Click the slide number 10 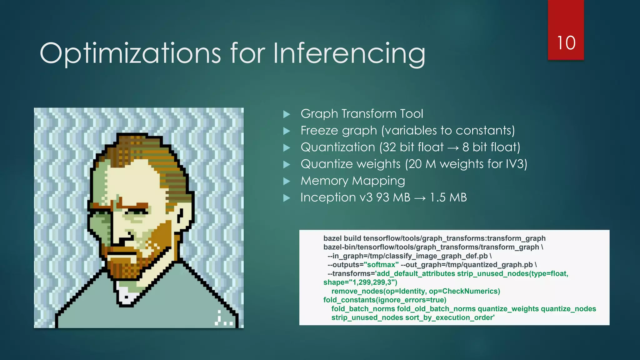pos(566,43)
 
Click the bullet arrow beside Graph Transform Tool pos(286,114)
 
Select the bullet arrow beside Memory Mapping pos(286,181)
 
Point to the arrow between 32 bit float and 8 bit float pos(453,147)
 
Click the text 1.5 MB pos(448,197)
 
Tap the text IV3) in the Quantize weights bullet pos(516,164)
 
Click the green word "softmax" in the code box pos(381,265)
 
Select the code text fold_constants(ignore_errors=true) pos(385,300)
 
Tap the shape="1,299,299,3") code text pos(360,282)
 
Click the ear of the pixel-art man pos(181,216)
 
